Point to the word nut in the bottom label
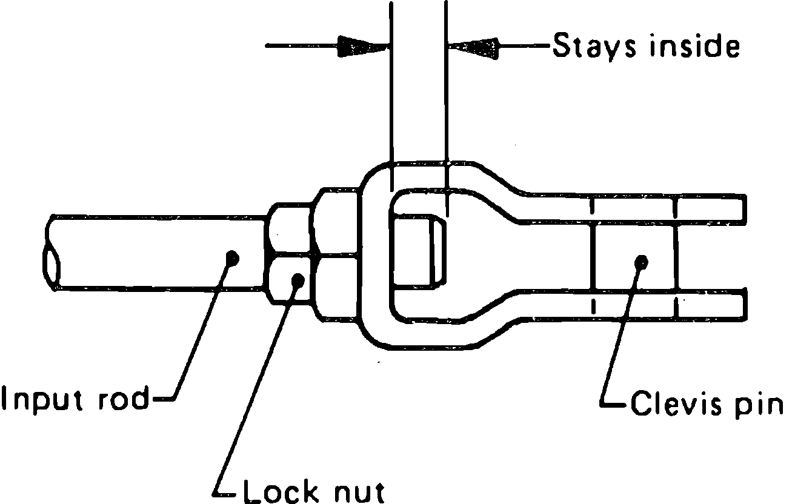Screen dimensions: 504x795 coord(356,490)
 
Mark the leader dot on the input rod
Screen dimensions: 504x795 coord(231,258)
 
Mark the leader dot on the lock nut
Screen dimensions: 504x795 coord(297,280)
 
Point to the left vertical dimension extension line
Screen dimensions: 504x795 coord(391,91)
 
